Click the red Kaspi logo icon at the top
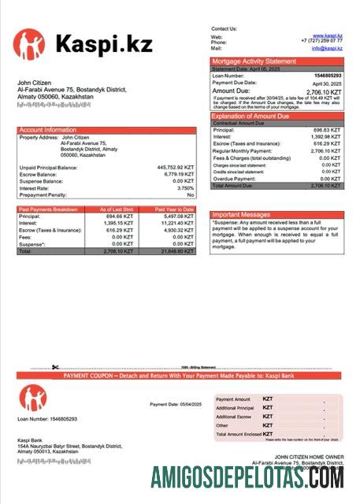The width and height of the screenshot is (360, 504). click(29, 45)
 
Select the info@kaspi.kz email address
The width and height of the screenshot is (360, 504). click(326, 48)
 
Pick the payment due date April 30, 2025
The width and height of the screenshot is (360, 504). click(327, 83)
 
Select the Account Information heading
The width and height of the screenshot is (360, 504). click(48, 130)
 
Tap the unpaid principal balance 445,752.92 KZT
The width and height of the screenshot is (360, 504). click(176, 167)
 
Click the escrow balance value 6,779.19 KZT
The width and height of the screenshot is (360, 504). click(178, 174)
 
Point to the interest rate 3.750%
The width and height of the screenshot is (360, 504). click(185, 188)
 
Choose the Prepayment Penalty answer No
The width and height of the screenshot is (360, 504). click(190, 195)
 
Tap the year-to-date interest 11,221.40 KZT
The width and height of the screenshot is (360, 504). click(176, 222)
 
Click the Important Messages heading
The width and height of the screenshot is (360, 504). click(243, 214)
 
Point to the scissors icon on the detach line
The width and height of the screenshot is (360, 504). click(56, 367)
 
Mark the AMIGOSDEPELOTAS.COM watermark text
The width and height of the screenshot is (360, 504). click(247, 477)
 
